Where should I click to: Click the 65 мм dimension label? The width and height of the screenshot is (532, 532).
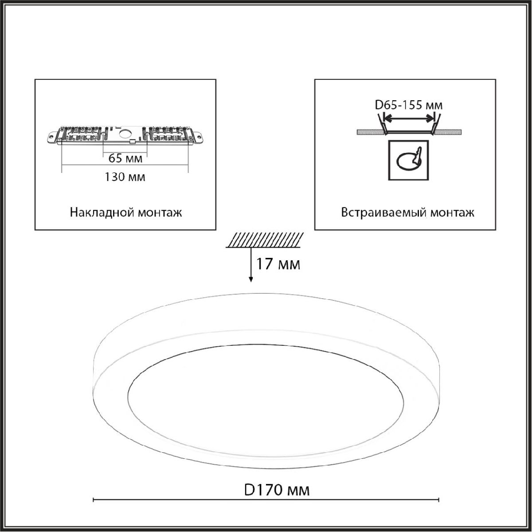pos(125,158)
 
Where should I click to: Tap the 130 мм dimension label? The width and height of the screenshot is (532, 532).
pos(125,177)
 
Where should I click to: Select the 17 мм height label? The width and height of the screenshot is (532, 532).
pos(278,264)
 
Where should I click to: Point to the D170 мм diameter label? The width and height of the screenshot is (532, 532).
pos(277,490)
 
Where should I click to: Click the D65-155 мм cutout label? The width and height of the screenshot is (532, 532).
pos(409,105)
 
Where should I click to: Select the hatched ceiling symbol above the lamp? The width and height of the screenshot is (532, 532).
pos(265,240)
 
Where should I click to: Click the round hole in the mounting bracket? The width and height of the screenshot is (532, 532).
pos(125,134)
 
